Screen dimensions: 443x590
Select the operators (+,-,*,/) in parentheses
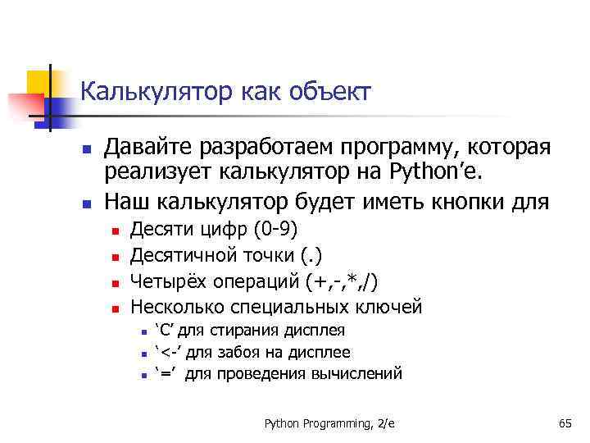point(341,281)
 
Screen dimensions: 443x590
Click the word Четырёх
point(168,281)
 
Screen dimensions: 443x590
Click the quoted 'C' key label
point(166,331)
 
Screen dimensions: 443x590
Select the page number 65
point(565,423)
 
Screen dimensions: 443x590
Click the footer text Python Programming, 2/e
point(329,423)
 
